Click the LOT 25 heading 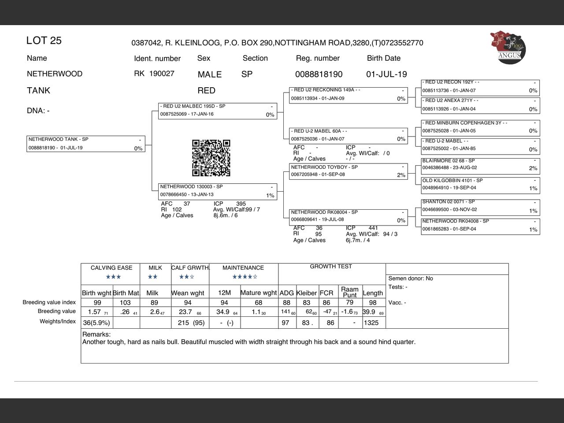tap(44, 41)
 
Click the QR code tap(211, 158)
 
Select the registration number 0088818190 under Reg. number tap(319, 74)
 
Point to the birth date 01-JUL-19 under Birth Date tap(386, 74)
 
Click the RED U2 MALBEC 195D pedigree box tap(217, 111)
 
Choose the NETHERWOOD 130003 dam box tap(217, 191)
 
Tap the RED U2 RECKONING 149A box tap(349, 95)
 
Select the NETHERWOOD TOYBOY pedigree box tap(349, 171)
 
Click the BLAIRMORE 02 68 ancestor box tap(480, 165)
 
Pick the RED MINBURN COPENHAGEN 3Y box tap(480, 127)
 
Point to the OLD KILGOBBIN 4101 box tap(480, 185)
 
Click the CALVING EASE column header tap(111, 268)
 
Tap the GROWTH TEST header tap(331, 267)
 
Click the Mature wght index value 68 tap(259, 303)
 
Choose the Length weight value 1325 tap(371, 323)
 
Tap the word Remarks tap(96, 334)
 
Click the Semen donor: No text tap(411, 278)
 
